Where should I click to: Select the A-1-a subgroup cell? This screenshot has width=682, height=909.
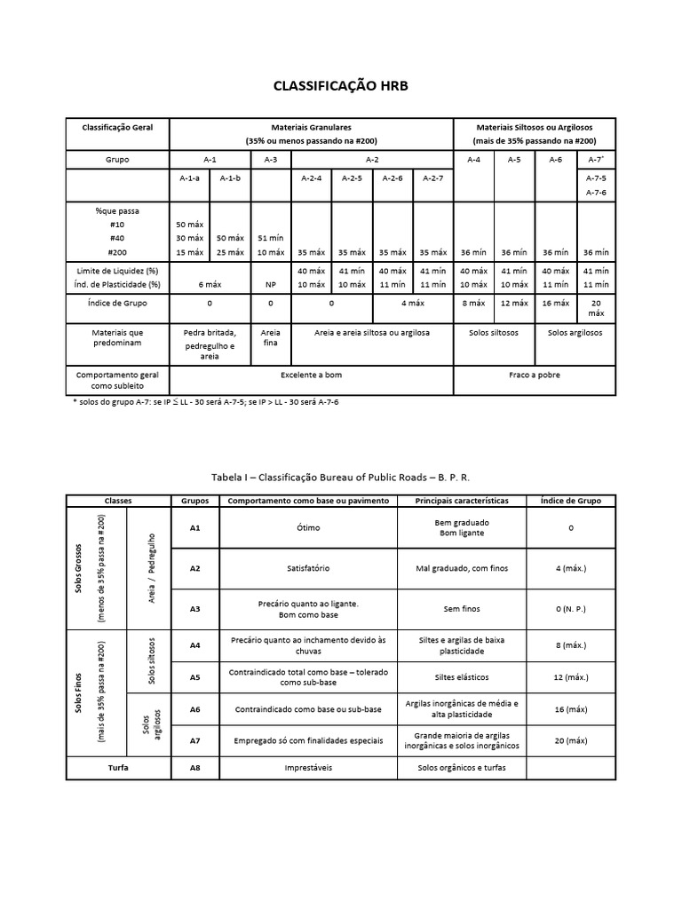coord(189,178)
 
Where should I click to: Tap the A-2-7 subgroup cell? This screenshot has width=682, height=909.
coord(432,178)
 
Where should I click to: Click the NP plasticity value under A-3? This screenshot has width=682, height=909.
coord(272,284)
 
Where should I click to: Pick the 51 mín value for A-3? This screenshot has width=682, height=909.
coord(272,238)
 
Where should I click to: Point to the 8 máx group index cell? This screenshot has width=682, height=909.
coord(474,304)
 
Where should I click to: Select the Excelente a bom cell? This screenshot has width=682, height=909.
coord(311,375)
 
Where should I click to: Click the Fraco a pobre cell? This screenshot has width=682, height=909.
coord(534,375)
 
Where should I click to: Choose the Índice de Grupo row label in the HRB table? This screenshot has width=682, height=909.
coord(118,304)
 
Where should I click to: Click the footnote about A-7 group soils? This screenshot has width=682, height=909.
coord(205,402)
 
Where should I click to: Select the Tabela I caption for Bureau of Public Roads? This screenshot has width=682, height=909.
coord(341,477)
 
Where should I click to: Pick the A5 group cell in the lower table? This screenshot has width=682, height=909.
coord(194,677)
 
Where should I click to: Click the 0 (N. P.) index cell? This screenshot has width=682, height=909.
coord(570,610)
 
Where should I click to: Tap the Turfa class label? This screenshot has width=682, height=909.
coord(116,767)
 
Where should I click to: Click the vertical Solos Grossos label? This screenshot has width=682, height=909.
coord(80,568)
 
